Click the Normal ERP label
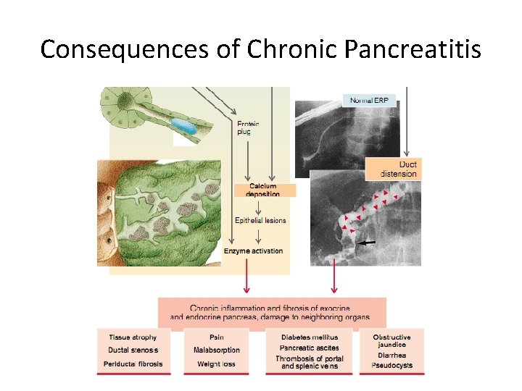(x=369, y=101)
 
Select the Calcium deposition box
(x=262, y=190)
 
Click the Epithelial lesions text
(x=260, y=220)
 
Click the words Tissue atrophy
(x=133, y=337)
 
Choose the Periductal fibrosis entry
(x=136, y=364)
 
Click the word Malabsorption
(x=217, y=350)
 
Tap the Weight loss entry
(x=216, y=364)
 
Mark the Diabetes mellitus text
(x=310, y=337)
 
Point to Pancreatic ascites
(x=309, y=348)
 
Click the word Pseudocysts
(x=391, y=366)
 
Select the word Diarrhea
(x=391, y=356)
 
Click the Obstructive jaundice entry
(x=391, y=341)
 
